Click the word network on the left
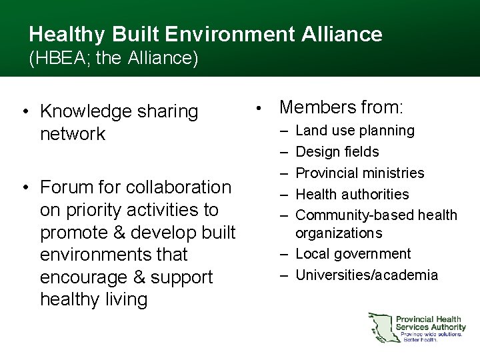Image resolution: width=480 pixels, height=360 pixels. [x=73, y=133]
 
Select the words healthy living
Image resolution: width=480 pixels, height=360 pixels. [x=93, y=299]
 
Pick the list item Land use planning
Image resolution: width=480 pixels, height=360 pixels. [x=355, y=131]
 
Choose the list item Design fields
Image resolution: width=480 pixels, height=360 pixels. [x=337, y=152]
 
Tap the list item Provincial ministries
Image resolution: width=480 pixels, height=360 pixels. [x=359, y=173]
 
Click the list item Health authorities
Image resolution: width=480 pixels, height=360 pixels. [x=352, y=195]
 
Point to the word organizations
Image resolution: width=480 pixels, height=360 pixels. [x=339, y=233]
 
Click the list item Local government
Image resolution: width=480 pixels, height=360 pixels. [x=353, y=254]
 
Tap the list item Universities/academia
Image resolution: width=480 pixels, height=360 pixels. [x=367, y=275]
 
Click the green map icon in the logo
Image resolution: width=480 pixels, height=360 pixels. [x=381, y=327]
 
